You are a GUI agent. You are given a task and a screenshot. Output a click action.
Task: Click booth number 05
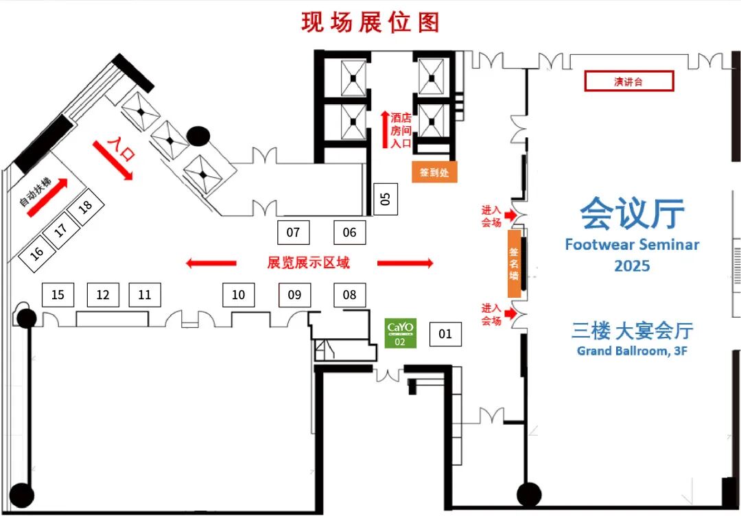coord(385,199)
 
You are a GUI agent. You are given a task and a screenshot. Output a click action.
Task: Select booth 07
coord(293,233)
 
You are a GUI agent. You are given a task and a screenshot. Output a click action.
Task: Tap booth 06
coord(349,233)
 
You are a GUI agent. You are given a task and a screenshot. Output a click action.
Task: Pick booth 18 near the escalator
coord(85,207)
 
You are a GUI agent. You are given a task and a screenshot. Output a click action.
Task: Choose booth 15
coord(58,295)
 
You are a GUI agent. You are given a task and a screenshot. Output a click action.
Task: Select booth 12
coord(103,295)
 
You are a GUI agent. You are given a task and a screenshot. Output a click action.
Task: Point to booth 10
coord(238,295)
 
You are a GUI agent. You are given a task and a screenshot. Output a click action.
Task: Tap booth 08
coord(349,295)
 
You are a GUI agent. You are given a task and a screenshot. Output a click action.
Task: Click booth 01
coord(445,334)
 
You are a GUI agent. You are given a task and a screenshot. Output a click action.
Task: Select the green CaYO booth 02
coord(400,333)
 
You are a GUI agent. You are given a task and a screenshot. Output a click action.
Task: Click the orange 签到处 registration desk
coord(434,172)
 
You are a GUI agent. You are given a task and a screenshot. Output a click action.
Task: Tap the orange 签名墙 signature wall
coord(514,263)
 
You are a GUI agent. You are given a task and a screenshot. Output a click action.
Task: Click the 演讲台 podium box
coord(628,82)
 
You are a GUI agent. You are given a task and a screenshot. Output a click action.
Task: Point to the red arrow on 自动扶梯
coord(47,198)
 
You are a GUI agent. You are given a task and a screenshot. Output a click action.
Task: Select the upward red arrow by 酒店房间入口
coord(385,130)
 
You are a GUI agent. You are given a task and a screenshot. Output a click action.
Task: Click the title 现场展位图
coord(370,22)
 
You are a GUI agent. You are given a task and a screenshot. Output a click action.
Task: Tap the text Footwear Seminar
coord(632,244)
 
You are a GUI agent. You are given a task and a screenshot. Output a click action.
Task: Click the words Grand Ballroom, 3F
coord(632,351)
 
